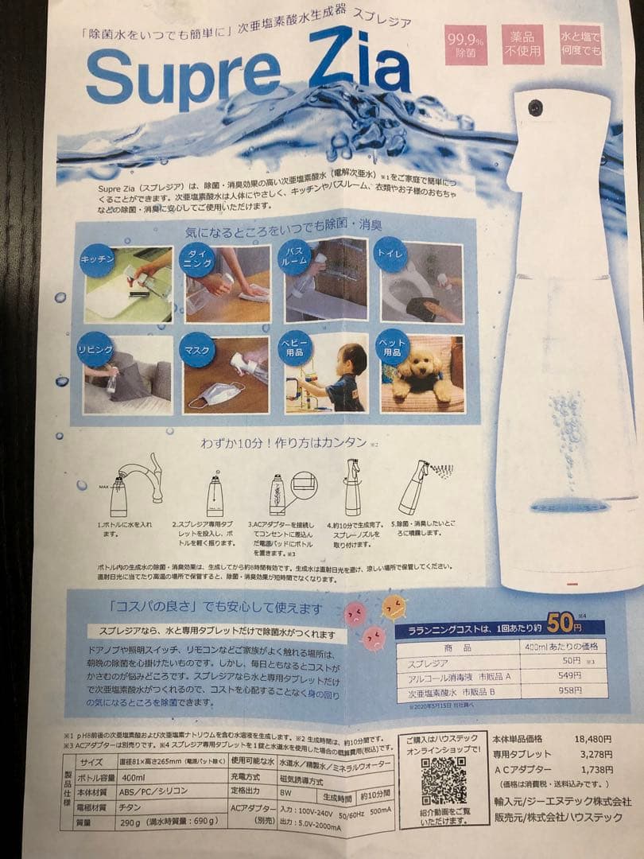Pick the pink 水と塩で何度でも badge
(581, 45)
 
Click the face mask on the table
(217, 393)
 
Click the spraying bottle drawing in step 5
(414, 486)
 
